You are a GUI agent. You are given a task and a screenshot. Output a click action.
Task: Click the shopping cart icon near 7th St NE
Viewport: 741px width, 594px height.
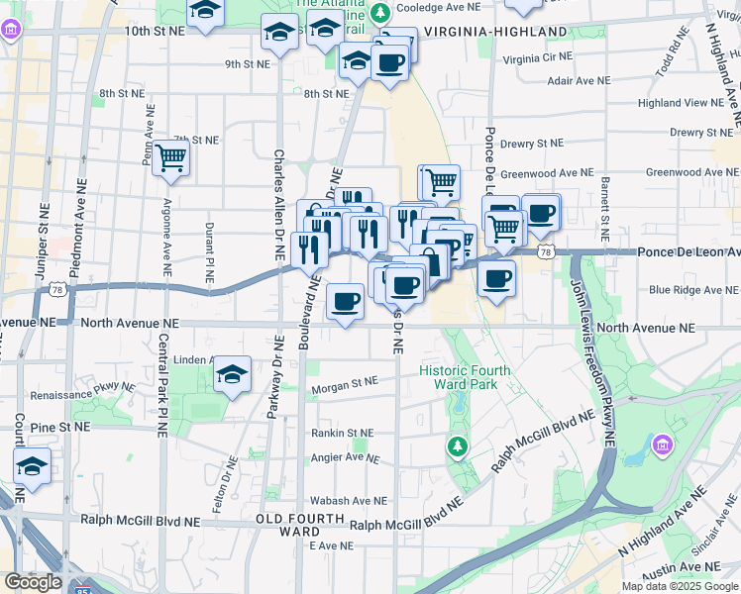click(170, 156)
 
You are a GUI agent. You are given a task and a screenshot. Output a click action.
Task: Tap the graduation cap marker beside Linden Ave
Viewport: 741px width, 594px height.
click(232, 374)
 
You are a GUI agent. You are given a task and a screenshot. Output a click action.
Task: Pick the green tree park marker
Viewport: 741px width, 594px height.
click(457, 448)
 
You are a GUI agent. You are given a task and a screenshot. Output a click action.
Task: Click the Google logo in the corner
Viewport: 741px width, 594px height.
click(33, 582)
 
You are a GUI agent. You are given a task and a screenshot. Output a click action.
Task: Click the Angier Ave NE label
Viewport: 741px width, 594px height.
click(346, 457)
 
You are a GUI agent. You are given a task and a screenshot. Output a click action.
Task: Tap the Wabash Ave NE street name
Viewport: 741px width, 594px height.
click(347, 501)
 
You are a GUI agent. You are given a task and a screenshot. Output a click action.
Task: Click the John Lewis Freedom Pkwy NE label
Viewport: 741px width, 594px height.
click(593, 366)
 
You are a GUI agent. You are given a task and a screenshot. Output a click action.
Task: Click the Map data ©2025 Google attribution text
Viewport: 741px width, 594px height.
click(680, 586)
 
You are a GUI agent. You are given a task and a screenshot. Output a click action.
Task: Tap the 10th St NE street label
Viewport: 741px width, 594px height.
click(155, 32)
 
